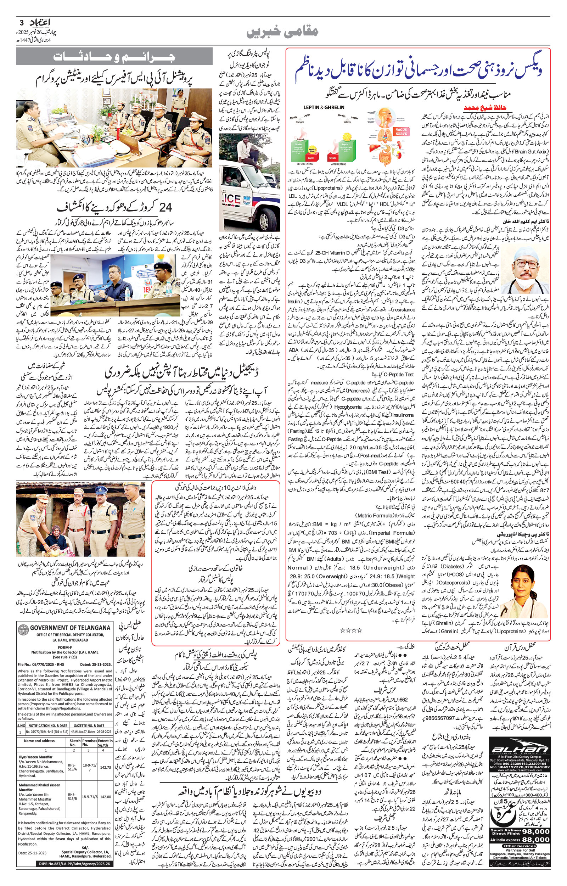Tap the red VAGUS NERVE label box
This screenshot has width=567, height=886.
coord(401,131)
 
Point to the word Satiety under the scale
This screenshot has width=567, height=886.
coord(347,122)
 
